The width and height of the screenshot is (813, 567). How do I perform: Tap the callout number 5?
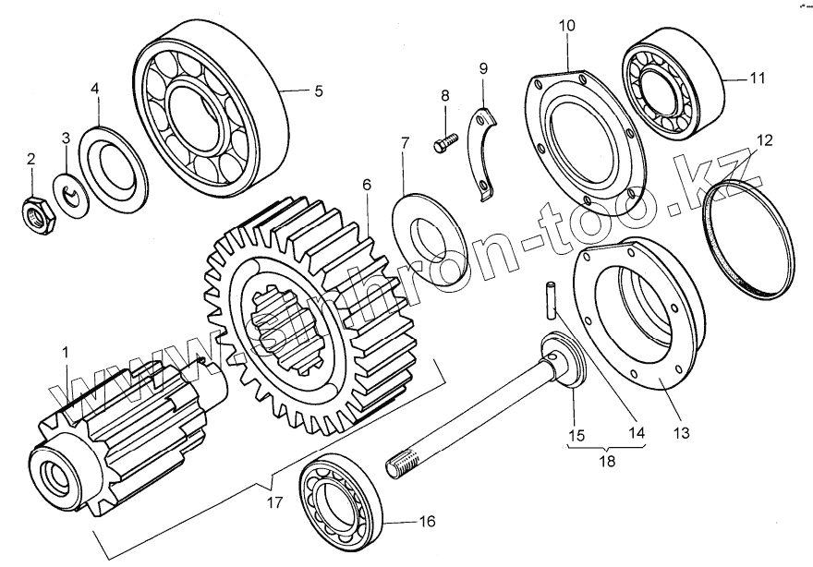click(x=319, y=90)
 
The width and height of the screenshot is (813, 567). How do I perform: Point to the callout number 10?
click(x=566, y=25)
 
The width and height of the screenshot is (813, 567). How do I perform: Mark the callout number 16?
click(x=426, y=522)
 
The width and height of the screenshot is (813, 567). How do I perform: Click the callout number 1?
click(x=65, y=353)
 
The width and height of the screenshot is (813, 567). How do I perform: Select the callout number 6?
click(x=367, y=185)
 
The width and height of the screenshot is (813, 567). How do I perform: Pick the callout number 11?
click(x=758, y=79)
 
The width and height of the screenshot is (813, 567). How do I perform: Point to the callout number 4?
click(x=95, y=89)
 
